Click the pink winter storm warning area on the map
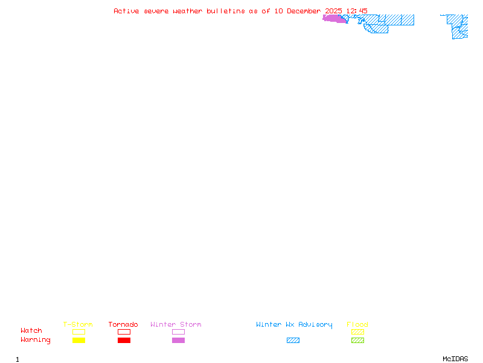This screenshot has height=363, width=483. pos(334,19)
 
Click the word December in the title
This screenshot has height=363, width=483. pos(306,11)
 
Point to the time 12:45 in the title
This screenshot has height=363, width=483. pos(357,11)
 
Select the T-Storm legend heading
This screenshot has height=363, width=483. pos(78,325)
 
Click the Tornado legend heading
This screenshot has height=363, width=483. pos(123,325)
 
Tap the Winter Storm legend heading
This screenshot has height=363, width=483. pos(176,325)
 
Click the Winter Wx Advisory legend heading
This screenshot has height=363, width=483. pos(294,325)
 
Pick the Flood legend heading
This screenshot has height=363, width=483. pos(357,325)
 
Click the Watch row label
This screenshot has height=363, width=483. pos(31,331)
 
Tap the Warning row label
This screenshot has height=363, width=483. pos(36,340)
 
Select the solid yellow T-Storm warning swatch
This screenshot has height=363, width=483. pos(78,341)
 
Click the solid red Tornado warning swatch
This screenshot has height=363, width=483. pos(124,341)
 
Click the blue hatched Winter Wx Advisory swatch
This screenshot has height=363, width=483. pos(293,341)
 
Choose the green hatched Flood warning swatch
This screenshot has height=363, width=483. pos(357,341)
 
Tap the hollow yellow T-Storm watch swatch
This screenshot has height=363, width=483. pos(78,332)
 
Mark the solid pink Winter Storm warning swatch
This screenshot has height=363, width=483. pos(178,341)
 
